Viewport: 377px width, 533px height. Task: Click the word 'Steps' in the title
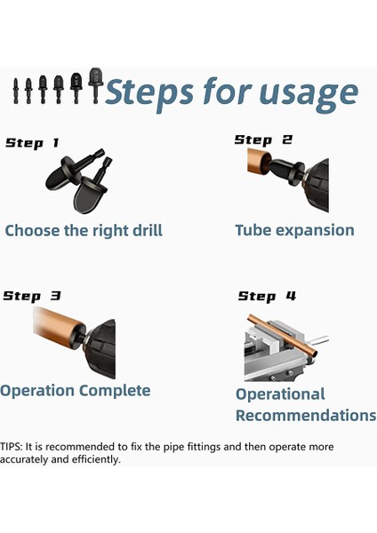149,91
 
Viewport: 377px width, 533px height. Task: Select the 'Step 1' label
32,143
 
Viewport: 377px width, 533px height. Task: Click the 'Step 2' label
263,139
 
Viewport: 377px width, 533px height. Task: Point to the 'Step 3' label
32,296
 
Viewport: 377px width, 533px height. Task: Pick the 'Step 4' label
267,296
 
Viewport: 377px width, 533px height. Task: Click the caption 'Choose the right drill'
84,230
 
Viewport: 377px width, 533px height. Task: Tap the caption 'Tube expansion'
294,231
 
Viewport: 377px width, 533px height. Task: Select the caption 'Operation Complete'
76,391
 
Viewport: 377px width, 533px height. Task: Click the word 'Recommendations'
306,416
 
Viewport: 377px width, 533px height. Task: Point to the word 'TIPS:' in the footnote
12,446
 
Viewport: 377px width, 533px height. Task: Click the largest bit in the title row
95,85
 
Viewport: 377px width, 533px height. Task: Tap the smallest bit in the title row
16,91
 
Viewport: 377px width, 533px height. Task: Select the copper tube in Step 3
58,326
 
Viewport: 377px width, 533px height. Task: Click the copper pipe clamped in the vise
283,335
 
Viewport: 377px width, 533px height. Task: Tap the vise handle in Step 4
319,339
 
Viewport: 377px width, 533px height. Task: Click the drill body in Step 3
100,348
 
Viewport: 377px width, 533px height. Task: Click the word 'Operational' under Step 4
280,394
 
